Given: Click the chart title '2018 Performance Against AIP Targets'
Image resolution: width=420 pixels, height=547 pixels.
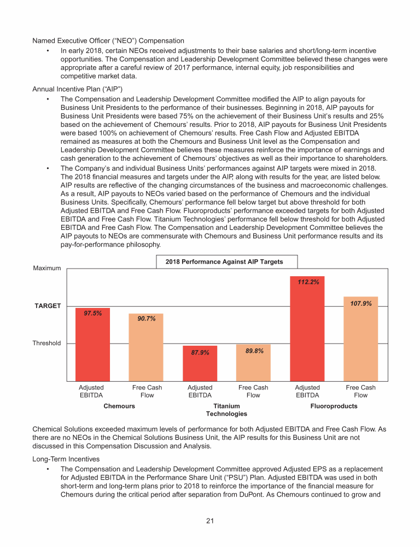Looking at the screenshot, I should (x=224, y=262).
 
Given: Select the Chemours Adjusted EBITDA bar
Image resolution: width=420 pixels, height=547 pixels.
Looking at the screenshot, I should (x=92, y=345).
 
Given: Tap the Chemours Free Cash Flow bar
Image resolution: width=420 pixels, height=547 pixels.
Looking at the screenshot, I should (x=146, y=347).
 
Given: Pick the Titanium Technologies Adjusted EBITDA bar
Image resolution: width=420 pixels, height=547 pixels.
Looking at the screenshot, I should (x=200, y=364).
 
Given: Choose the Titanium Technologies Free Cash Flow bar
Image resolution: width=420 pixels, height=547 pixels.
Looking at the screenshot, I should (x=253, y=363).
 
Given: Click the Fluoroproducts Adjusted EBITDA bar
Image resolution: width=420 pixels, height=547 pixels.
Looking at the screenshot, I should (x=307, y=328).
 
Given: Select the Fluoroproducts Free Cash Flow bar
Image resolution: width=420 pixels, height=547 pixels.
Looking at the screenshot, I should (x=360, y=339).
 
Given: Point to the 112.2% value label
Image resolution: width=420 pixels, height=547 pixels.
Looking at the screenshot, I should (x=308, y=283).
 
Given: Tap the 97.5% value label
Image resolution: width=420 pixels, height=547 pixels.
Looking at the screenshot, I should (x=92, y=313).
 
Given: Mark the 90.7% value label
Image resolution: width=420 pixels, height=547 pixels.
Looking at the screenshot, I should (x=146, y=319).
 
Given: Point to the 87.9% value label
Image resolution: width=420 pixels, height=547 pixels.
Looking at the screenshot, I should (x=200, y=353).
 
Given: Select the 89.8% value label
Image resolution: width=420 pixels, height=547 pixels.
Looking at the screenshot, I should (x=253, y=351).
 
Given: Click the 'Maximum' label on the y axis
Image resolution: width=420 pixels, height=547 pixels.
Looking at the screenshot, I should (x=46, y=268).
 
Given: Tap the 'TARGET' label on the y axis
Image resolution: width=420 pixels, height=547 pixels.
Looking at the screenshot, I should (x=48, y=306).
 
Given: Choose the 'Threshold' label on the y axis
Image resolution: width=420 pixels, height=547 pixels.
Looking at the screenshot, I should (x=46, y=344).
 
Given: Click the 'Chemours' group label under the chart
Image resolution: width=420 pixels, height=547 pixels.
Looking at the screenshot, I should (x=119, y=406).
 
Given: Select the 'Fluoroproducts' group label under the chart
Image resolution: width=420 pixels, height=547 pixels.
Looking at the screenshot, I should (x=334, y=406).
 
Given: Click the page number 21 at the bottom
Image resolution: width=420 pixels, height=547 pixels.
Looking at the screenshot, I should (x=210, y=520).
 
